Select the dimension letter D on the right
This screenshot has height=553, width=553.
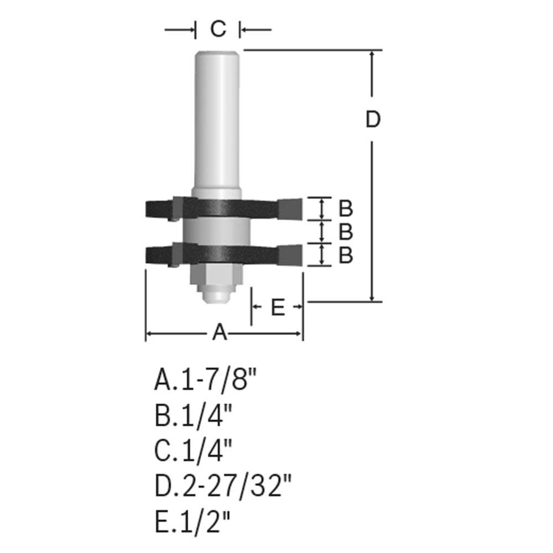373,119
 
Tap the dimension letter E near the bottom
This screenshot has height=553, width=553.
278,307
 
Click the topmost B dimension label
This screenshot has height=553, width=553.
346,208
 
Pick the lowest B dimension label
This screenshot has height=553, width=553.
346,255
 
